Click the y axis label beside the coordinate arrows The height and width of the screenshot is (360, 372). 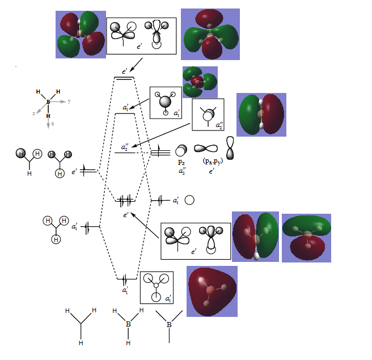(x=69, y=101)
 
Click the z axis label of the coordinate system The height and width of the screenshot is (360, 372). (x=33, y=113)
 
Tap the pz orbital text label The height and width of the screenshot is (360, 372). (x=181, y=162)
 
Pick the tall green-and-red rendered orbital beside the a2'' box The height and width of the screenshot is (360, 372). (x=261, y=115)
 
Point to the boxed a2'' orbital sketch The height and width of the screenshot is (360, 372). (x=208, y=115)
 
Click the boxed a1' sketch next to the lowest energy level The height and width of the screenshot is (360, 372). (x=157, y=287)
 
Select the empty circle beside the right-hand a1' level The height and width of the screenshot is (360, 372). (x=190, y=200)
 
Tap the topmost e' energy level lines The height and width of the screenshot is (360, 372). (x=124, y=78)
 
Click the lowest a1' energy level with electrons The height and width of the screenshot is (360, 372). (x=125, y=278)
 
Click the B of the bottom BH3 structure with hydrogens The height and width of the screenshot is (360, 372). (x=128, y=324)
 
